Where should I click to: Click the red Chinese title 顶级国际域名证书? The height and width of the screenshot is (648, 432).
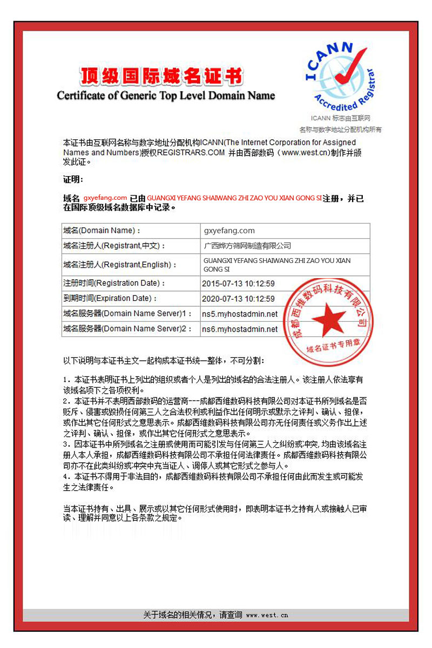point(161,77)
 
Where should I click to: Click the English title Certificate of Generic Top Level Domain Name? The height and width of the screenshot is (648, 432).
point(166,96)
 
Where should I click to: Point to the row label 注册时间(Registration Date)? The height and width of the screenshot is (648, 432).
point(114,283)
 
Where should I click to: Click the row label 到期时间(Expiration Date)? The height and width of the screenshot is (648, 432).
point(110,298)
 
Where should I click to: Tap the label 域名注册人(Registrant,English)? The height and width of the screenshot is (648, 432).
point(120,265)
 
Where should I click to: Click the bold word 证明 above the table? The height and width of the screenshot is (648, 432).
point(73,179)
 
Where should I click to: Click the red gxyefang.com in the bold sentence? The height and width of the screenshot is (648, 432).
point(105,198)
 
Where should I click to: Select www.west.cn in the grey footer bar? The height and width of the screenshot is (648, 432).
point(267,615)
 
